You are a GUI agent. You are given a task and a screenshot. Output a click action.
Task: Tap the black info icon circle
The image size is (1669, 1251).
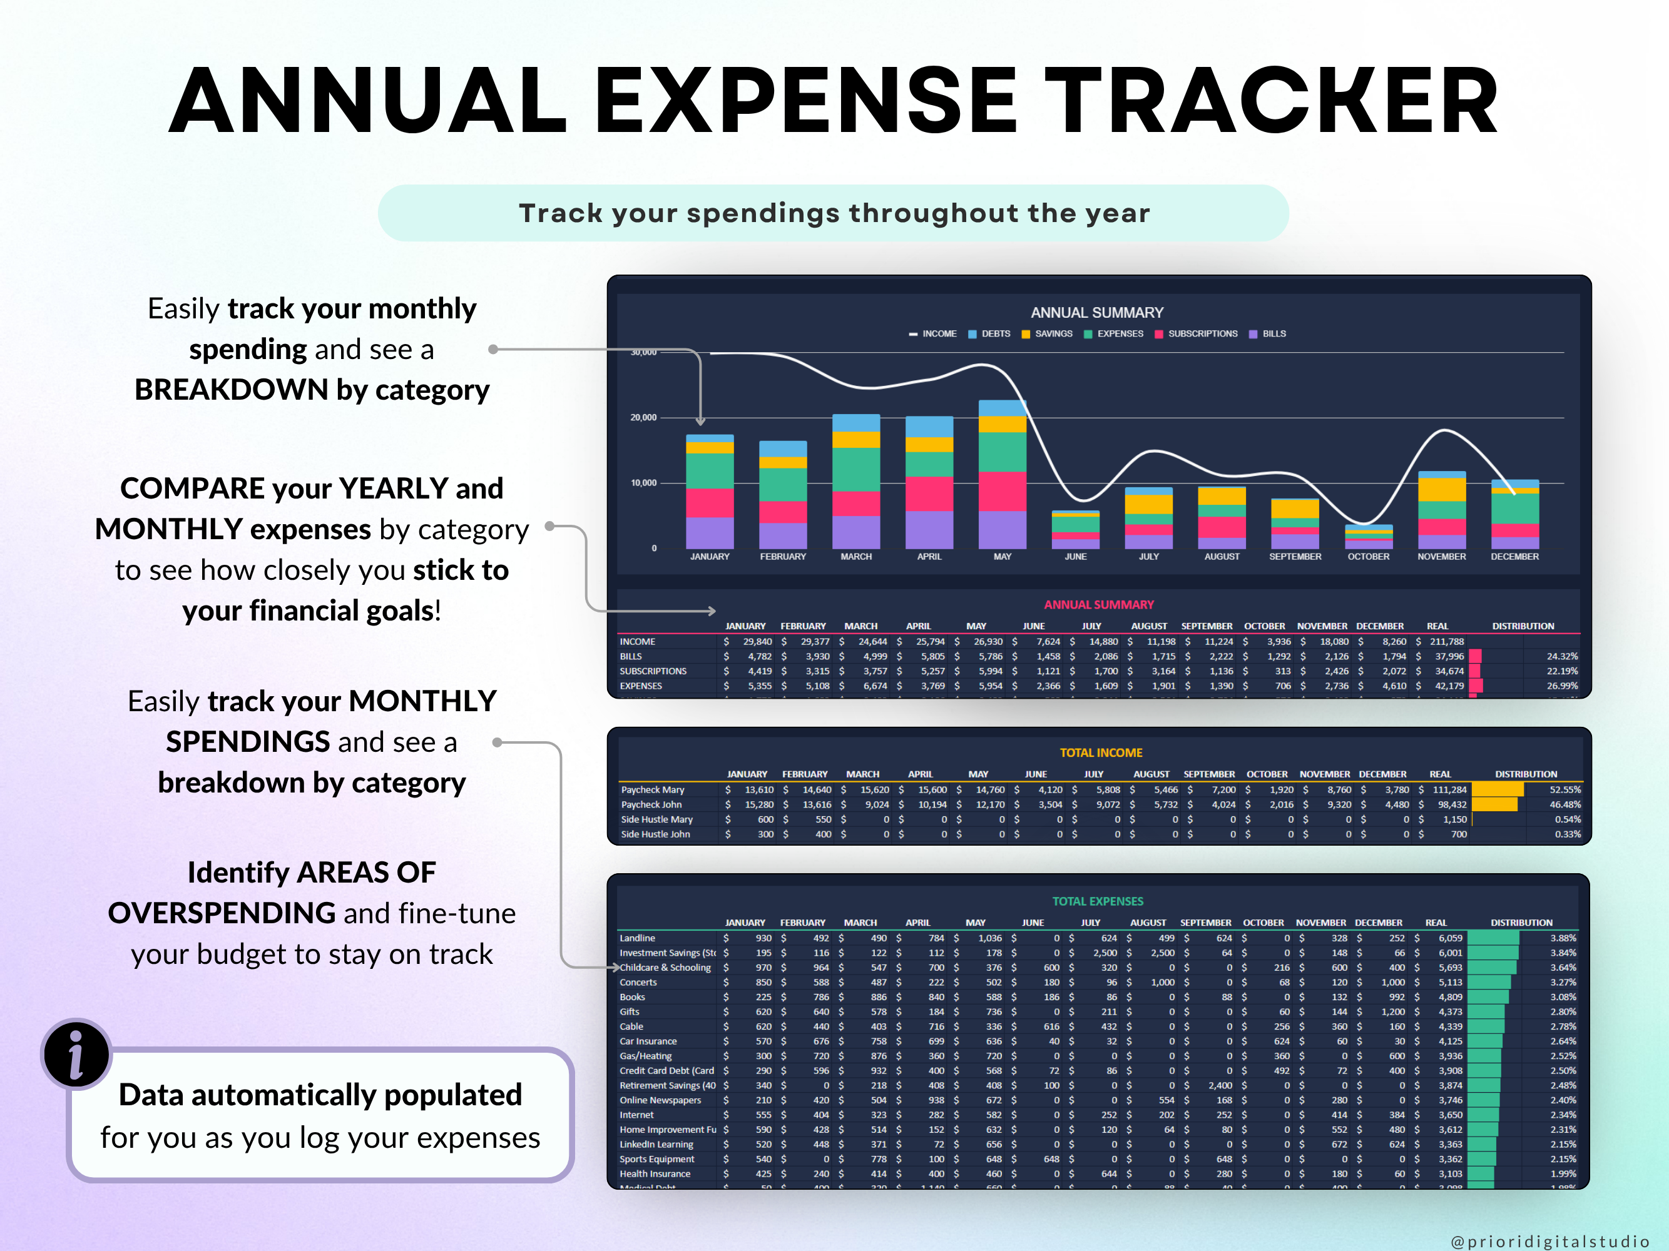(76, 1054)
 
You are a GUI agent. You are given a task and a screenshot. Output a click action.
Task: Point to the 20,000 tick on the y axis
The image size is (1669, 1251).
(643, 418)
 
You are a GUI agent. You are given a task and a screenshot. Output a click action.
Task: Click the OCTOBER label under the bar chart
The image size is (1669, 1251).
(1368, 557)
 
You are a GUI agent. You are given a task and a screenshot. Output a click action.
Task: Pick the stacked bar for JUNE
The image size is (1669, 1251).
(1075, 529)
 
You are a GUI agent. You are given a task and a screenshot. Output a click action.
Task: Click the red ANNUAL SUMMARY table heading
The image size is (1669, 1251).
(1098, 605)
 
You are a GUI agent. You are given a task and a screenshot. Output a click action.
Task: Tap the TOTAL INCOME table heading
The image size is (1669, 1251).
(1101, 752)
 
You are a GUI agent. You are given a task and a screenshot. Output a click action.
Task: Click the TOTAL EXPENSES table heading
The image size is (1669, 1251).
(1098, 901)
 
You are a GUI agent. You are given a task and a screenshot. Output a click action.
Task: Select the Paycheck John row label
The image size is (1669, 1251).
(651, 804)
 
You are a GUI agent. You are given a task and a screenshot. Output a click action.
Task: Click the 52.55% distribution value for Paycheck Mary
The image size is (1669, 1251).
(1564, 789)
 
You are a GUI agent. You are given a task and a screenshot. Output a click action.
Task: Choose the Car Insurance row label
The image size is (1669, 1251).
(648, 1041)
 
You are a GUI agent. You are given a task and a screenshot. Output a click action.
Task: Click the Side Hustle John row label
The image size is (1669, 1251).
(655, 834)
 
